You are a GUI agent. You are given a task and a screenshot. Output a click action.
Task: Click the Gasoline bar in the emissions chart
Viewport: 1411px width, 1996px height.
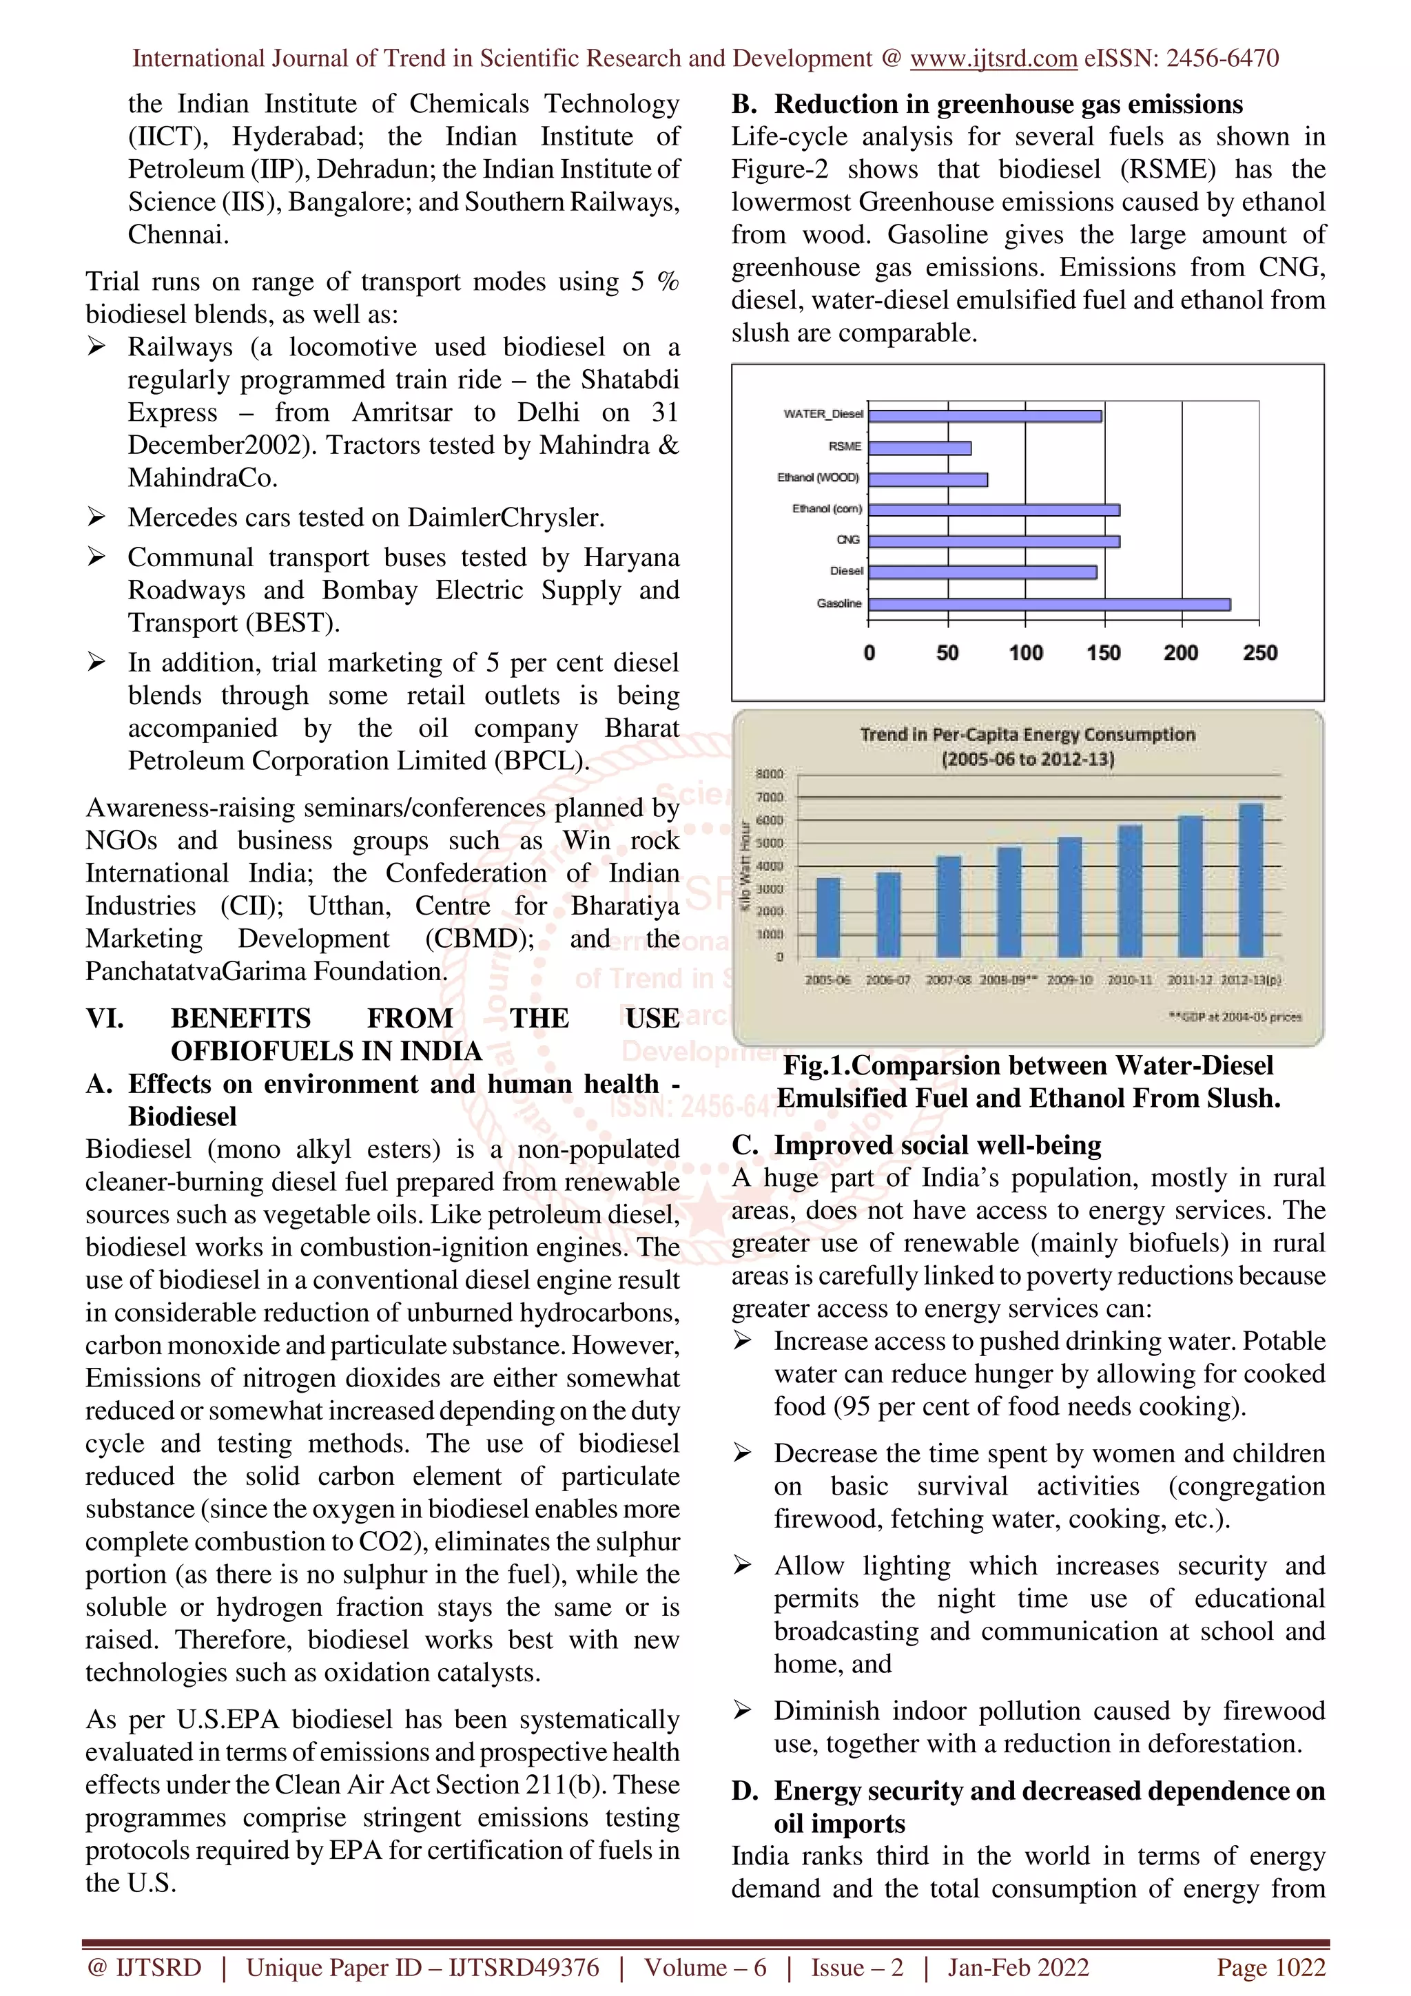pos(1049,604)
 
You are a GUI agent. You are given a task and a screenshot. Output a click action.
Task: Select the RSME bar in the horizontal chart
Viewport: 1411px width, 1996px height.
pos(920,448)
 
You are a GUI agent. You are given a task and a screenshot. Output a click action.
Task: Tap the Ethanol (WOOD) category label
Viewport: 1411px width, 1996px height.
pos(817,477)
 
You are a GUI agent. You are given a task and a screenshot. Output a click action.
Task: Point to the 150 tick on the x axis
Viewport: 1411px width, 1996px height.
pos(1103,653)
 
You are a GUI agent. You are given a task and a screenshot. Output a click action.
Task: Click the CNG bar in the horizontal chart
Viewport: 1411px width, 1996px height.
pos(993,541)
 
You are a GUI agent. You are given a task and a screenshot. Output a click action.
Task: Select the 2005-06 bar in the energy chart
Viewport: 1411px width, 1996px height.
pos(829,917)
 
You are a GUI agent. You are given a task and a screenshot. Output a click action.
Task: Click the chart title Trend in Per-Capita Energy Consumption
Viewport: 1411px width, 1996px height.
pos(1028,736)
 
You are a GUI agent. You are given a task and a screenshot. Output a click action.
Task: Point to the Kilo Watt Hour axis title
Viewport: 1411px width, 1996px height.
pos(745,865)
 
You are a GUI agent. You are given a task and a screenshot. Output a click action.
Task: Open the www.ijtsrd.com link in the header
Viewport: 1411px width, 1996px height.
pos(993,59)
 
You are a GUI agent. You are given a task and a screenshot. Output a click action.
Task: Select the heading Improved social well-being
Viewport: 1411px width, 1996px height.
pos(937,1145)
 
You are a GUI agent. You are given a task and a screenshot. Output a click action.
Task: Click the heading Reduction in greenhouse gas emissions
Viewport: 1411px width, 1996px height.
pos(1009,104)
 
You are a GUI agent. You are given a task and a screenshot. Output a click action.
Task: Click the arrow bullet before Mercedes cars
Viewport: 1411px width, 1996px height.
pos(96,517)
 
